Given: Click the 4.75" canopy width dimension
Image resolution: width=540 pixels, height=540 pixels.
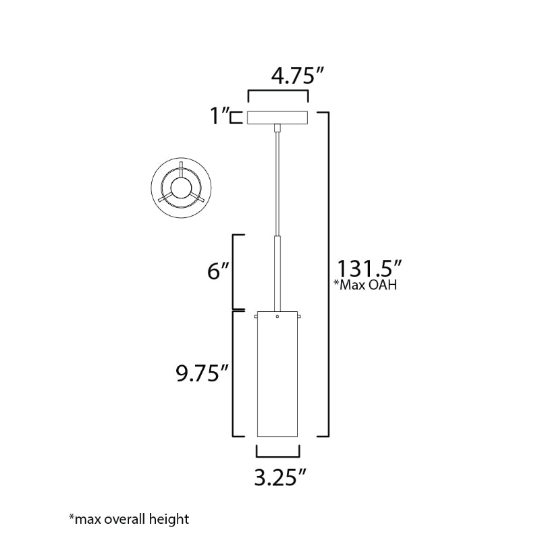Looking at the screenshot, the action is (x=298, y=76).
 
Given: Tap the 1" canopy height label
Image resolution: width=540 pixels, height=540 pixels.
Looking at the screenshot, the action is (x=220, y=115).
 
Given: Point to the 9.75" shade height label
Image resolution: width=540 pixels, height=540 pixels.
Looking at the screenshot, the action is (x=202, y=373).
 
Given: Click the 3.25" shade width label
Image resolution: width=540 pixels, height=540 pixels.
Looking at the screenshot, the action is (x=280, y=478).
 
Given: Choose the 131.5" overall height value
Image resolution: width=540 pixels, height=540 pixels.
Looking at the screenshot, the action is (x=369, y=268).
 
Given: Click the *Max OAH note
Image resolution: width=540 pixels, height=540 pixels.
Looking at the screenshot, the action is (x=365, y=285).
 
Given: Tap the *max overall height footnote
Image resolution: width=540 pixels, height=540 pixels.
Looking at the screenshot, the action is (x=129, y=518).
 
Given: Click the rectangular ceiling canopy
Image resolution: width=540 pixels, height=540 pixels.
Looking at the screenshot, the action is (x=277, y=117).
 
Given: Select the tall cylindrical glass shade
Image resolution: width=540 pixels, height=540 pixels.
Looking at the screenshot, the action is (x=277, y=374).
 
